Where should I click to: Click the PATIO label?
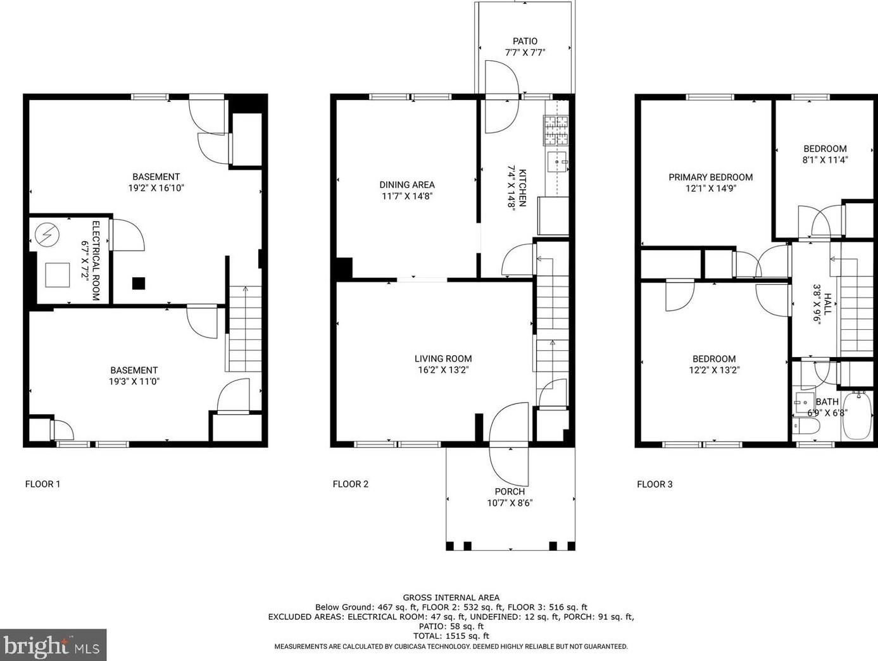(x=525, y=41)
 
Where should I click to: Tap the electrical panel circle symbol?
(x=47, y=234)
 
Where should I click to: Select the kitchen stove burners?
(x=556, y=130)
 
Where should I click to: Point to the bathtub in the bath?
(x=857, y=416)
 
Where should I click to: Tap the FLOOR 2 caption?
(x=351, y=484)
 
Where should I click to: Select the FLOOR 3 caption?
(x=655, y=484)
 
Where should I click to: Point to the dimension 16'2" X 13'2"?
(x=443, y=370)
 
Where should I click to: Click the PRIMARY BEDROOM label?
(x=711, y=177)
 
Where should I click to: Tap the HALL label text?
(x=827, y=305)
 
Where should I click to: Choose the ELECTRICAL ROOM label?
(x=96, y=260)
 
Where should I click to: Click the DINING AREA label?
(x=407, y=185)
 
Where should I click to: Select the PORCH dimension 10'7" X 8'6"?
(x=510, y=503)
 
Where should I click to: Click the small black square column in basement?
(x=139, y=283)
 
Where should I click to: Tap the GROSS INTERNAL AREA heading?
(x=451, y=598)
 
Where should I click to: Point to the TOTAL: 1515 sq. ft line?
(x=451, y=636)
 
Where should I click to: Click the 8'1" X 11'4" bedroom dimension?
(x=825, y=160)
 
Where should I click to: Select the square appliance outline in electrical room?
(x=57, y=275)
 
